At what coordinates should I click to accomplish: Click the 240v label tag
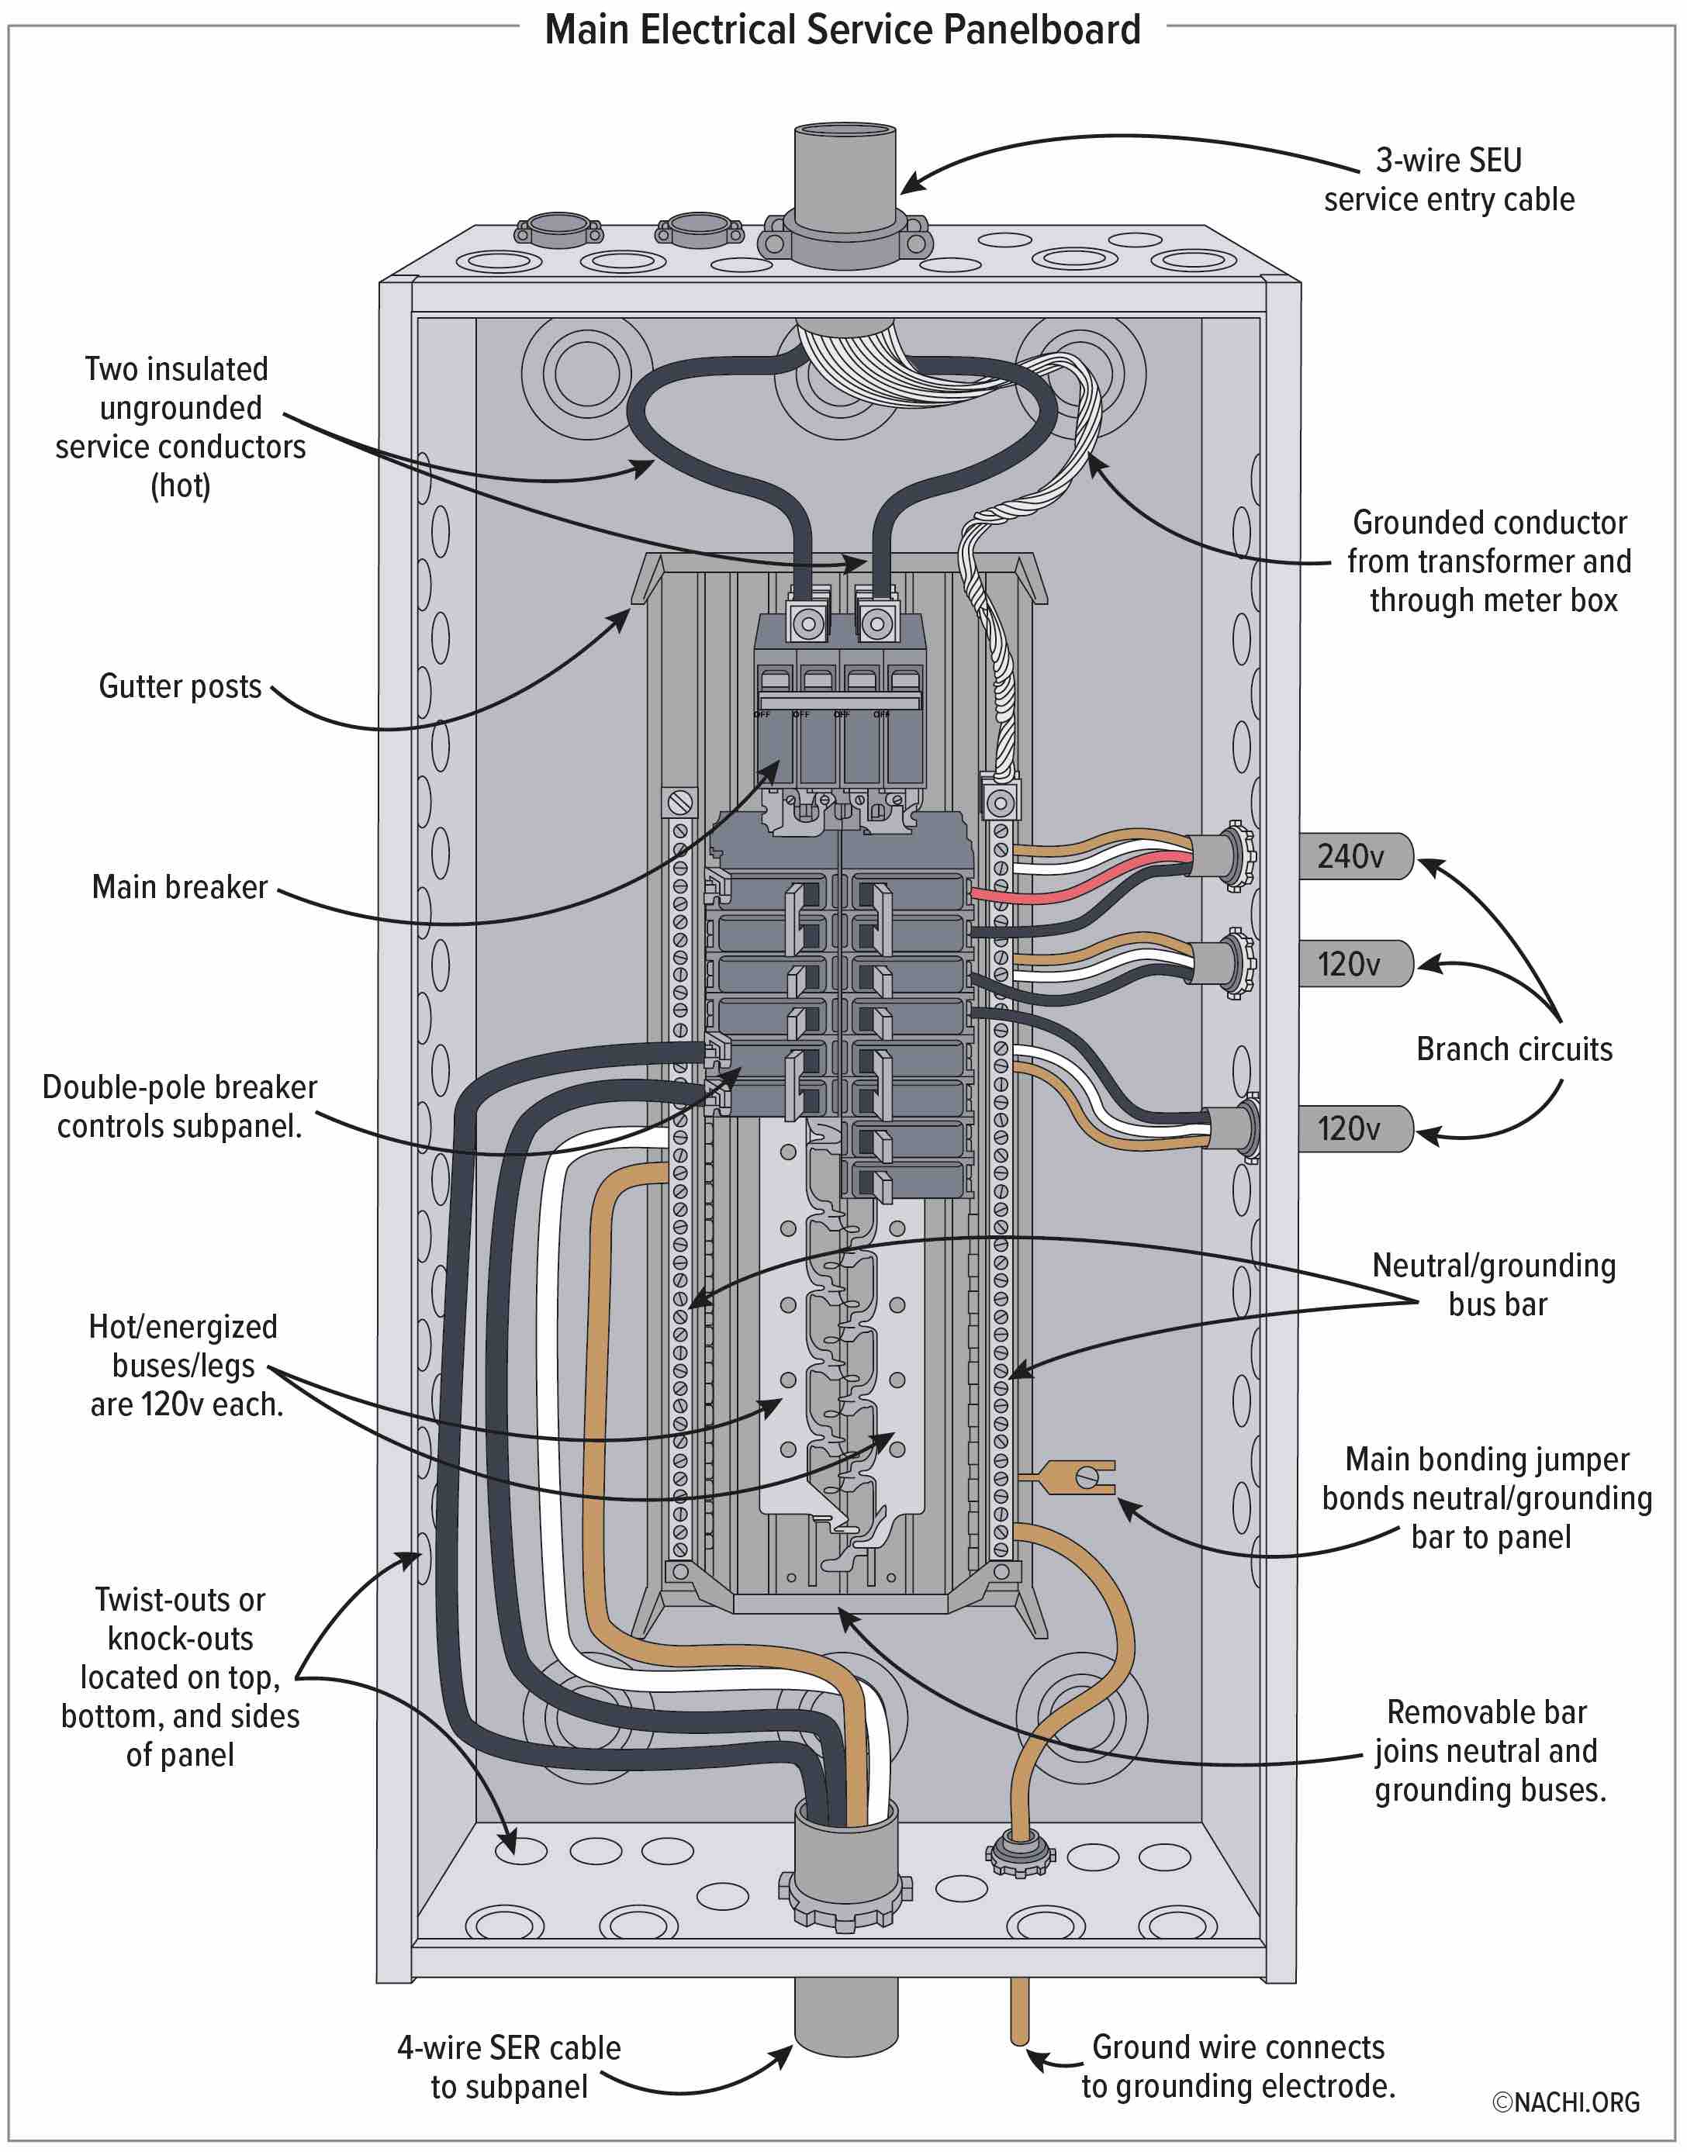pyautogui.click(x=1354, y=856)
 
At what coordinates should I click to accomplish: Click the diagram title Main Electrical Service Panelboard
pyautogui.click(x=842, y=29)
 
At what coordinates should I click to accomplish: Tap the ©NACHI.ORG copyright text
pyautogui.click(x=1564, y=2102)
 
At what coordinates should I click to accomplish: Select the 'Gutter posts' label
pyautogui.click(x=180, y=686)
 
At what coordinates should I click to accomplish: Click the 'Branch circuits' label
pyautogui.click(x=1513, y=1048)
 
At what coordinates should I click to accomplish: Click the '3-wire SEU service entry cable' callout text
pyautogui.click(x=1448, y=180)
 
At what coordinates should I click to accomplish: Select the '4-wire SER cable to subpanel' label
pyautogui.click(x=509, y=2066)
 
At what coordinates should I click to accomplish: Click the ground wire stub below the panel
pyautogui.click(x=1018, y=2010)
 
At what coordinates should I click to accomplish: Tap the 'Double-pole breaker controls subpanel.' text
pyautogui.click(x=180, y=1106)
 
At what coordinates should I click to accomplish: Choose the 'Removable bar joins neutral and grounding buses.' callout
pyautogui.click(x=1489, y=1750)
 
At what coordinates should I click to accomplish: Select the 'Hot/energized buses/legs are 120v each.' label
pyautogui.click(x=185, y=1365)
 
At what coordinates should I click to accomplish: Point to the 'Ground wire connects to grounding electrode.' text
pyautogui.click(x=1238, y=2066)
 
